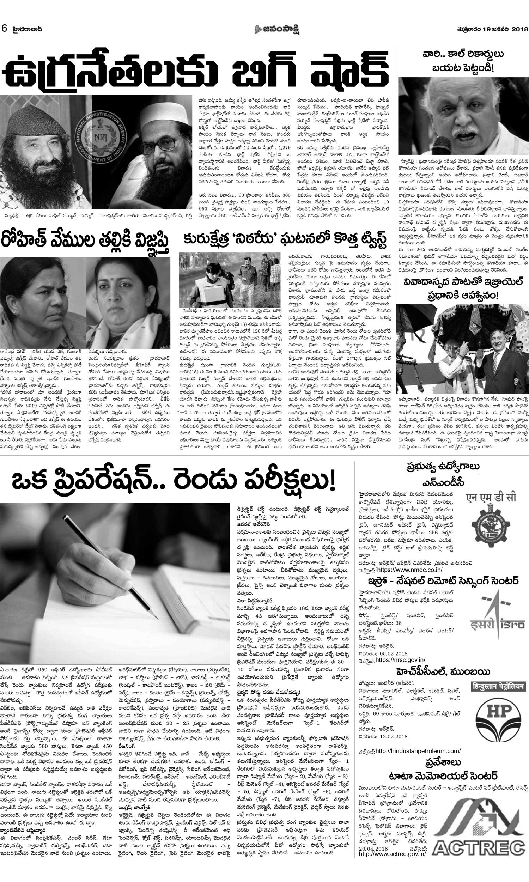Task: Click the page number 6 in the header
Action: tap(5, 29)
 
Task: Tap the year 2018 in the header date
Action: tap(519, 29)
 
